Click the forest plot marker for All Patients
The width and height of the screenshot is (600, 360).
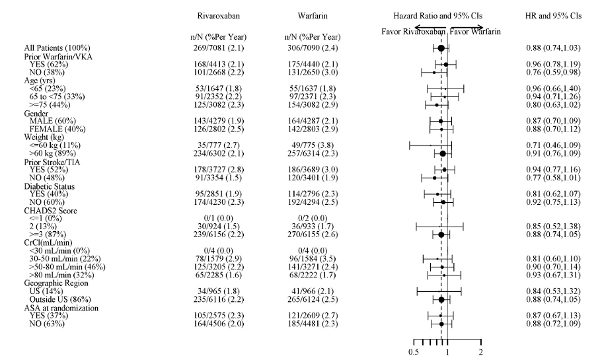click(441, 49)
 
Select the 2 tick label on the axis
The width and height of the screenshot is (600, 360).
click(480, 351)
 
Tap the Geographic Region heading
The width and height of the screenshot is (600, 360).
click(56, 283)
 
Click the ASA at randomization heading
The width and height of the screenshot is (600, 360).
click(61, 307)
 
